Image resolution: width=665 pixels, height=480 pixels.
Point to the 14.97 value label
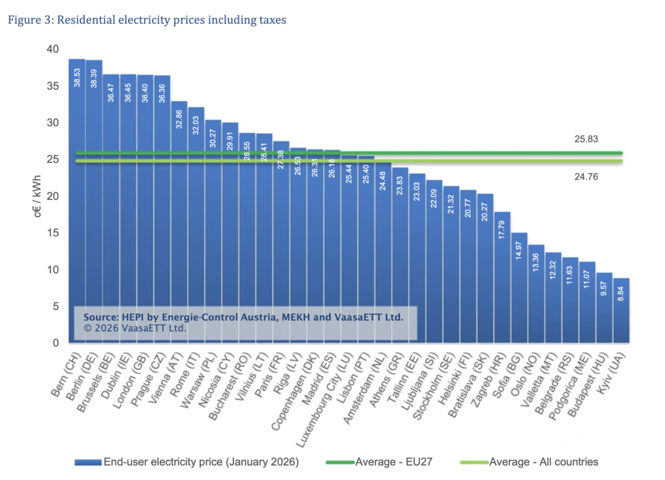[x=519, y=251]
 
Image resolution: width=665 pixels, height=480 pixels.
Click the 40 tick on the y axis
[x=53, y=49]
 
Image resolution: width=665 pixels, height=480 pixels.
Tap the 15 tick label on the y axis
[x=53, y=233]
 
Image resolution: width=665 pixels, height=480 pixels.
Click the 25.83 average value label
[x=586, y=139]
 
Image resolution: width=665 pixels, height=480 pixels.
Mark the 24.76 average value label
[x=586, y=176]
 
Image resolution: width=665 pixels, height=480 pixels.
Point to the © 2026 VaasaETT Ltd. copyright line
[x=135, y=328]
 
